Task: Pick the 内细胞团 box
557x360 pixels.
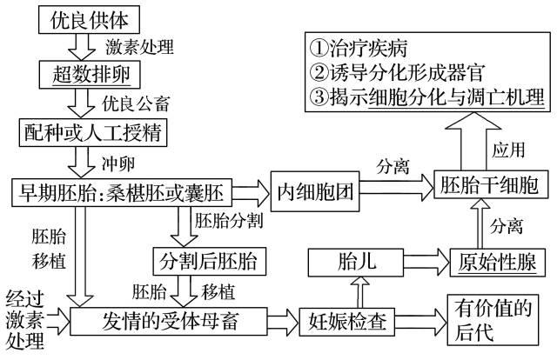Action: point(314,189)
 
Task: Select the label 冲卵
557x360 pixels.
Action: point(117,161)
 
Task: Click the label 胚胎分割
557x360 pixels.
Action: point(225,219)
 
